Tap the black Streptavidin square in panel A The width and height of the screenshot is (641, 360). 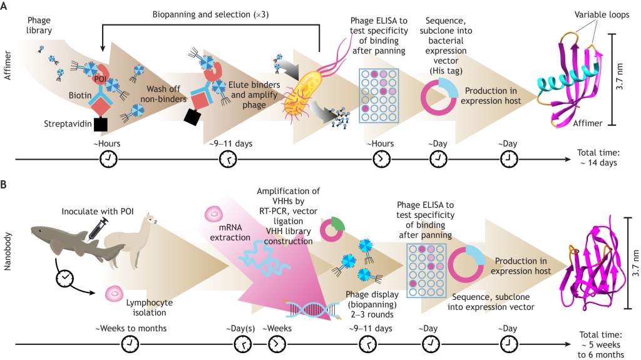pos(100,125)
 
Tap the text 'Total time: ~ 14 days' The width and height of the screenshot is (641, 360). pos(597,157)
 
